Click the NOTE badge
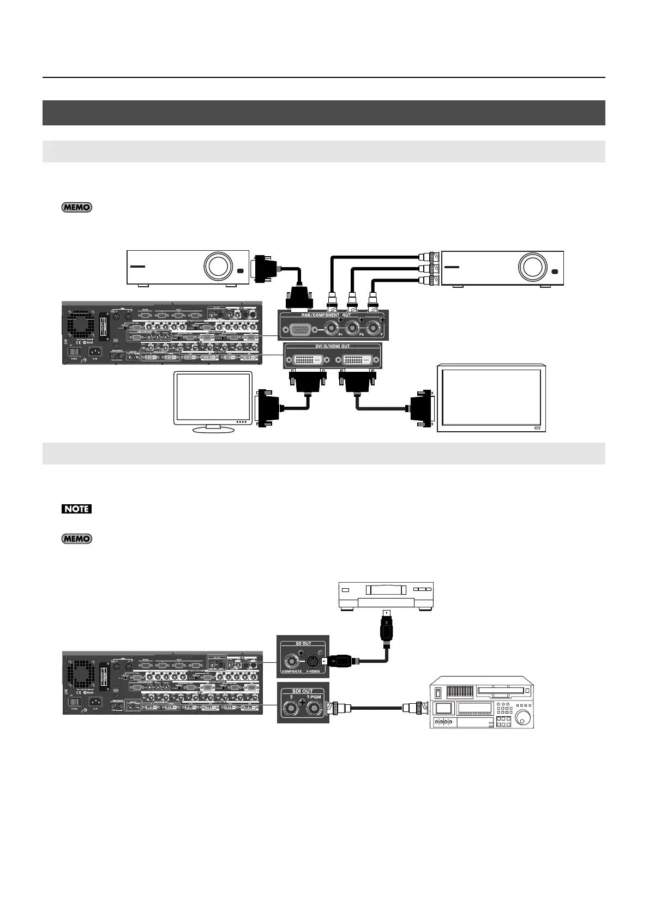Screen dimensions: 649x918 76,509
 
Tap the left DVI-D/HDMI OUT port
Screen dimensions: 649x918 304,359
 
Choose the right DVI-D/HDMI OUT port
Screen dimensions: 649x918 357,359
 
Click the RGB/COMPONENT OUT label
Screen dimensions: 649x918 327,315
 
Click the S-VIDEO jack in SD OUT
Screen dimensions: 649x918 313,661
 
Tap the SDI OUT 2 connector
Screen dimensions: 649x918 290,709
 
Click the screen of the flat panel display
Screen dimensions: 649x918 491,396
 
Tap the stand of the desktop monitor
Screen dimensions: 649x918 213,429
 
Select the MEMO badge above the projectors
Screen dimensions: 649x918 76,207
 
